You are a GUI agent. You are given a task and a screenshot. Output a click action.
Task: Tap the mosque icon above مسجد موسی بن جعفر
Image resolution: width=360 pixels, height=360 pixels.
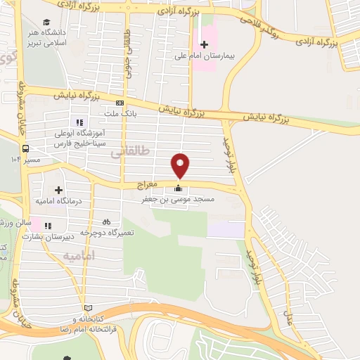177,188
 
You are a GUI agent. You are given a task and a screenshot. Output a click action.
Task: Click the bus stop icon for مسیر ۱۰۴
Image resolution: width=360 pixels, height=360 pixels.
25,148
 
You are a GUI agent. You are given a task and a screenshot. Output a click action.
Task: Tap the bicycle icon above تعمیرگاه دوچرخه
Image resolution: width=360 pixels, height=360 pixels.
106,221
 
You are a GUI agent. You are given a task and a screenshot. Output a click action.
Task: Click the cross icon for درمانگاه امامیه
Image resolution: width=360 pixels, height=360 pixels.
58,189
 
